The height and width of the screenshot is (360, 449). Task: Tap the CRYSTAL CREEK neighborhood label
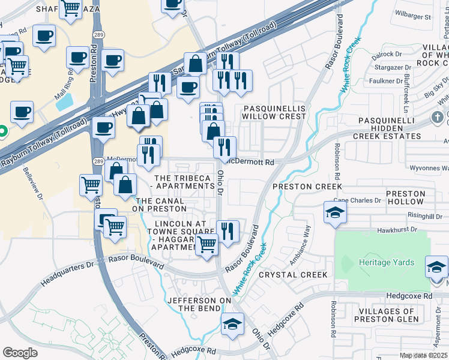[293, 275]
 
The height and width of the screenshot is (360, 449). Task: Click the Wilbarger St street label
[415, 17]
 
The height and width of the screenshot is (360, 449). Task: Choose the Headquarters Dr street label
[68, 272]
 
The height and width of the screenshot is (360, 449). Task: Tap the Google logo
[20, 353]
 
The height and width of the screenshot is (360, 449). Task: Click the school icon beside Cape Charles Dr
[335, 212]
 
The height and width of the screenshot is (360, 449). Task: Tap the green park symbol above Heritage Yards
[346, 263]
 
